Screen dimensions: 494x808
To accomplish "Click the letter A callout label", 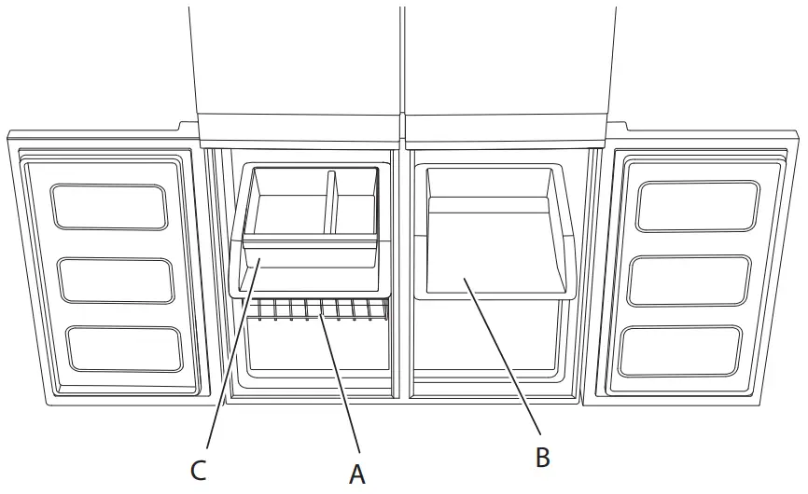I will pos(356,474).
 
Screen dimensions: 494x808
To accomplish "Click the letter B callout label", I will pos(542,457).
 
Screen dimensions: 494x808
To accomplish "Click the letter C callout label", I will pos(198,471).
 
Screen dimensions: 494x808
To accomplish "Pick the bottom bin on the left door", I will pos(125,349).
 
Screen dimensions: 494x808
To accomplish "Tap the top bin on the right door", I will pos(697,206).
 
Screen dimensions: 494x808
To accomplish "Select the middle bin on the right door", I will pos(690,279).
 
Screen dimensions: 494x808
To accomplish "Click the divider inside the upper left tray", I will pos(330,201).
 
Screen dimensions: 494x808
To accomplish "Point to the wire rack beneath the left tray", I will pos(317,309).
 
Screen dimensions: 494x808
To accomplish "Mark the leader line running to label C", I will pos(229,364).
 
